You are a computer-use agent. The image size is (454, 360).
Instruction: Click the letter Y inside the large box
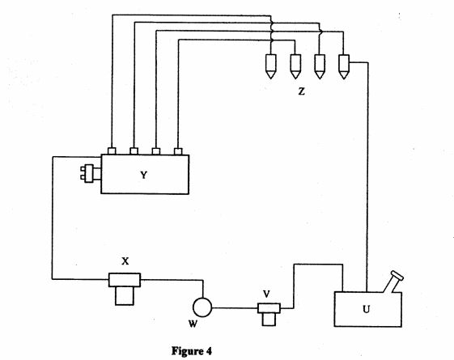coord(143,175)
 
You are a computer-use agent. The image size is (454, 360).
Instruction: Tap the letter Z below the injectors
coord(301,91)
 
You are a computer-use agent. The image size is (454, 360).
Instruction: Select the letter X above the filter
coord(125,261)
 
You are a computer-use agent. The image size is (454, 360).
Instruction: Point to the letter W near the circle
coord(193,324)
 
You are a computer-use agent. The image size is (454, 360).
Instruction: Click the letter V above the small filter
coord(266,294)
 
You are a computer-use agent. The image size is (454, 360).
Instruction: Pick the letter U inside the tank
coord(367,309)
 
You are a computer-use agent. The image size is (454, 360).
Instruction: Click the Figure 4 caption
coord(192,351)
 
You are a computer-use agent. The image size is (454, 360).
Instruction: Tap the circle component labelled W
coord(202,307)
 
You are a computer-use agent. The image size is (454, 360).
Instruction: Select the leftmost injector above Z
coord(271,66)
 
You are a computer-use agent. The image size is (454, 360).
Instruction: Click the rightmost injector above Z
coord(344,66)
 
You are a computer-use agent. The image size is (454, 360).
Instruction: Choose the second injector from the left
coord(295,66)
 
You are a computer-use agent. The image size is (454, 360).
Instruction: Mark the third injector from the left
coord(320,66)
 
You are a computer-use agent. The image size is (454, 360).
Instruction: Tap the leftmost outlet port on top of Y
coord(112,151)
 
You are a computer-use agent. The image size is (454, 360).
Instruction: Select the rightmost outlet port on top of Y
coord(178,151)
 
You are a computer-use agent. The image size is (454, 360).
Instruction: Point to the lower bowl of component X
coord(125,296)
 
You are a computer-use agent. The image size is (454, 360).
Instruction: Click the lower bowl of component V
coord(269,320)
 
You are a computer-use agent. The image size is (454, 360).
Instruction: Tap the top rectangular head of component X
coord(125,280)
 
